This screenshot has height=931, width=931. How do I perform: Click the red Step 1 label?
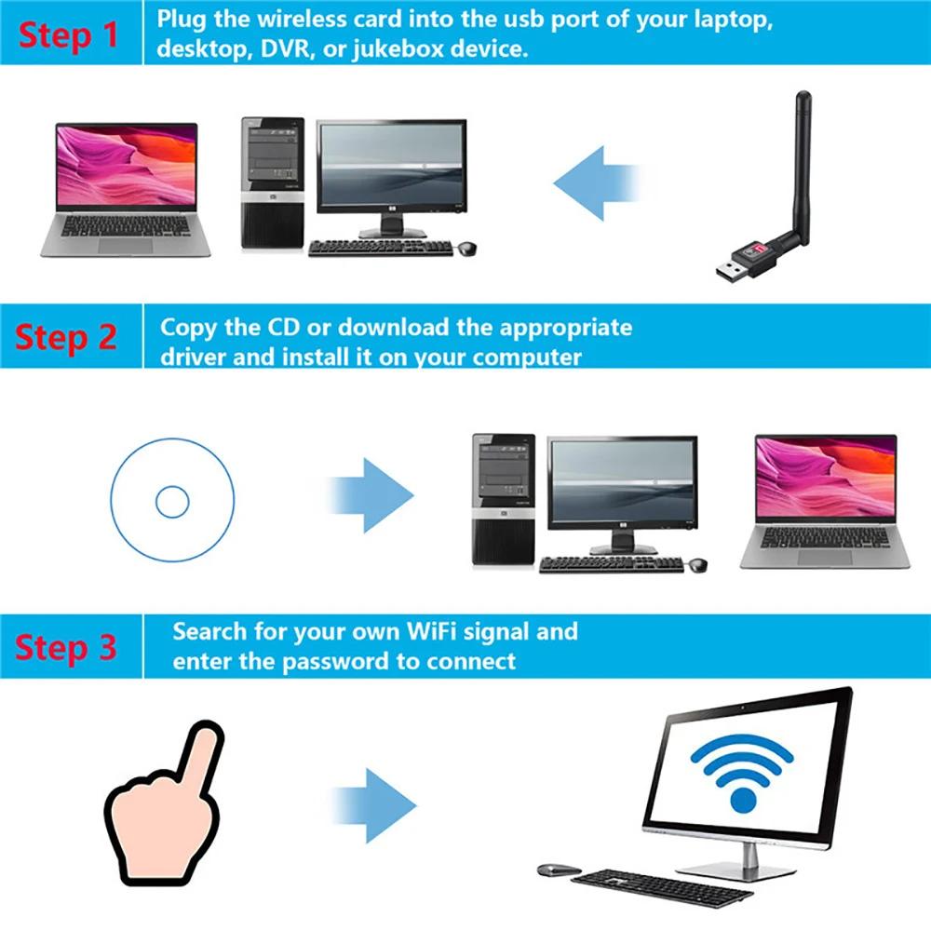click(x=70, y=34)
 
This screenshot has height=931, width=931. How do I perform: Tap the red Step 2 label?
click(x=66, y=337)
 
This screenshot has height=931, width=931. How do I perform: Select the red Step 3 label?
click(x=66, y=647)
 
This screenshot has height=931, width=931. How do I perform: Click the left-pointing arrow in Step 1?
click(x=596, y=182)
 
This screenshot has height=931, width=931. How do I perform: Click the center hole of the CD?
click(x=172, y=502)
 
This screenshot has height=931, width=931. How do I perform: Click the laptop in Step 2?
click(x=825, y=501)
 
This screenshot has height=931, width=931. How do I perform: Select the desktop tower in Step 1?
click(x=273, y=183)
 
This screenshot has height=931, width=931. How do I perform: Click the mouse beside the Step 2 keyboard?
click(x=696, y=564)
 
